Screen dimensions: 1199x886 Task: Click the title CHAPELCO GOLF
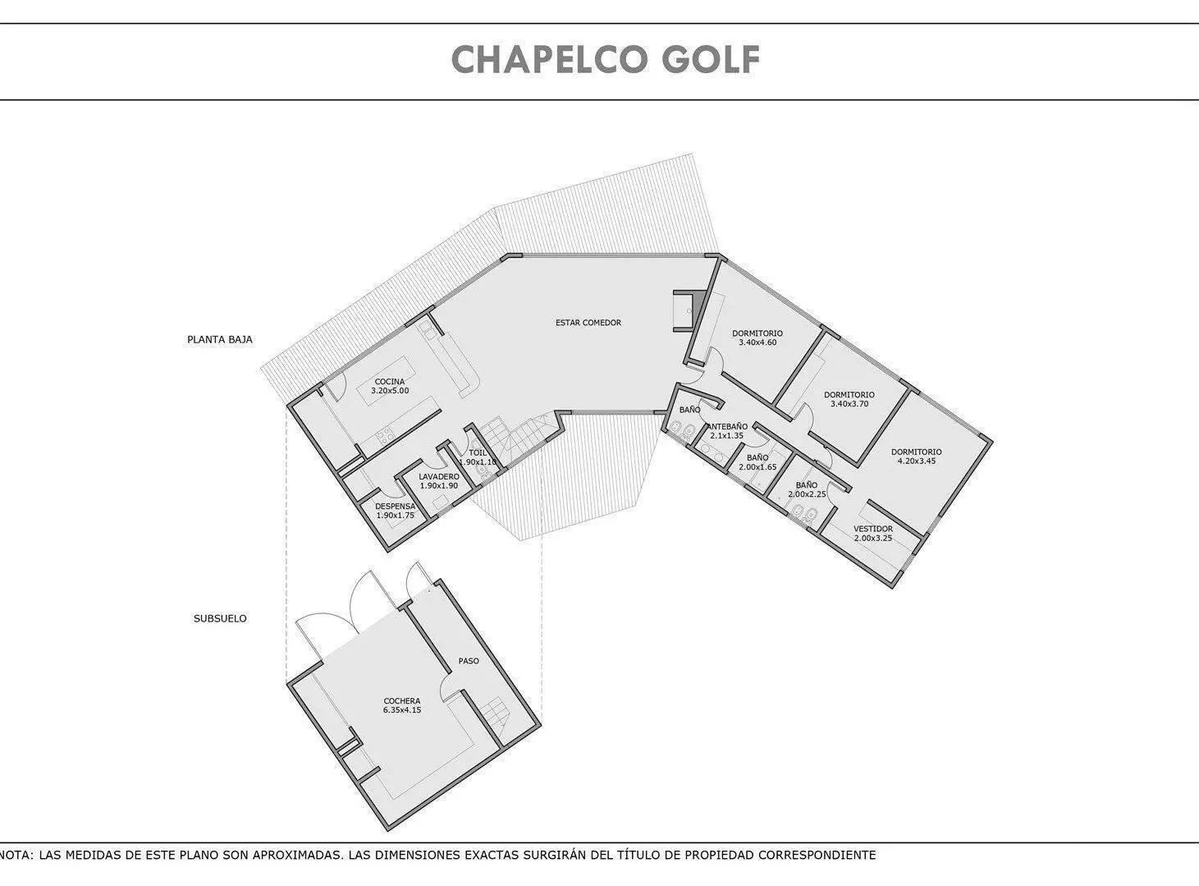tap(606, 59)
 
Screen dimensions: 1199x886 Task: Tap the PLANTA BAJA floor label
tap(219, 340)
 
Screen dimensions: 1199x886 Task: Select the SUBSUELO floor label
tap(220, 618)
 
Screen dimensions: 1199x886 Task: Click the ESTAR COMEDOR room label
tap(588, 323)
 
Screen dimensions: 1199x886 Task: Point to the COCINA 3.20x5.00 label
tap(390, 386)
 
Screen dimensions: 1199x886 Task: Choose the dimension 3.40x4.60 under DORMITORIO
tap(757, 342)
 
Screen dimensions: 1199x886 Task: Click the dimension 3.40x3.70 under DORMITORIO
tap(849, 403)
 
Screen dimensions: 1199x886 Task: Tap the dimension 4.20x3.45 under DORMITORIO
tap(916, 461)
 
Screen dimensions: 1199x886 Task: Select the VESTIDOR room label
tap(873, 529)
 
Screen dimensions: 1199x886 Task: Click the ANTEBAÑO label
tap(727, 426)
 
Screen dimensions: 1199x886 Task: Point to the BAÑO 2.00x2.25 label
tap(807, 489)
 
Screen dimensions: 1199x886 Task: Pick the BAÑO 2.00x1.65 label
tap(757, 462)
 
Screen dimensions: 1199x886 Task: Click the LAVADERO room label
tap(439, 476)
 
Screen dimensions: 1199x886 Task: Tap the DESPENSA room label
tap(396, 507)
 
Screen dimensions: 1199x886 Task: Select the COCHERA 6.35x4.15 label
tap(401, 705)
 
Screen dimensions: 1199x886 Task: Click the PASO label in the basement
tap(469, 661)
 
